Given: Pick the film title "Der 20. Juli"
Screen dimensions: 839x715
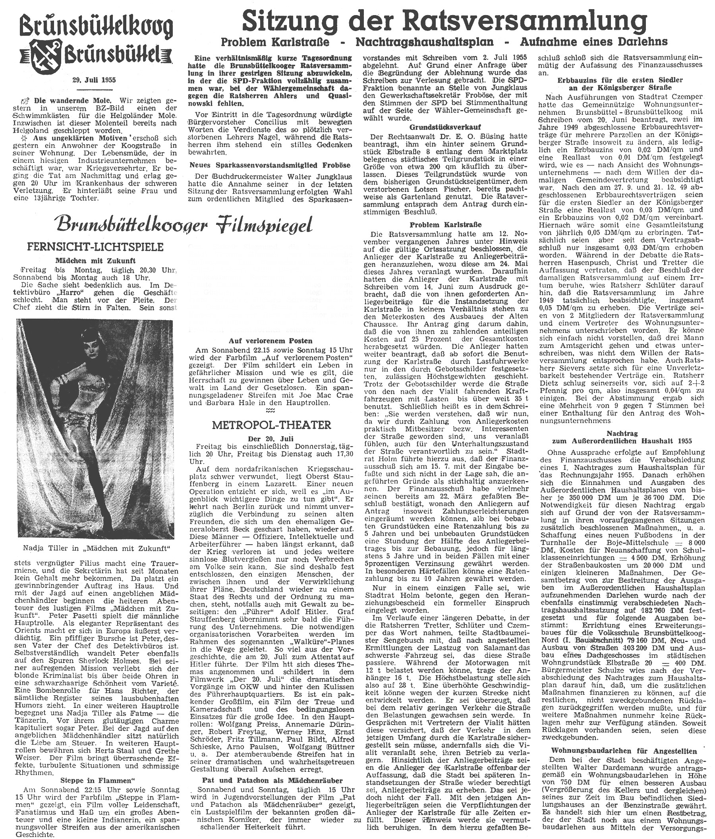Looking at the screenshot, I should pos(272,439).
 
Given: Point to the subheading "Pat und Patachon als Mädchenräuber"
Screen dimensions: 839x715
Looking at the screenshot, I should pos(272,781).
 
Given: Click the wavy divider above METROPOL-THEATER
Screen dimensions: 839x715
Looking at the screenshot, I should pos(272,410).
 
